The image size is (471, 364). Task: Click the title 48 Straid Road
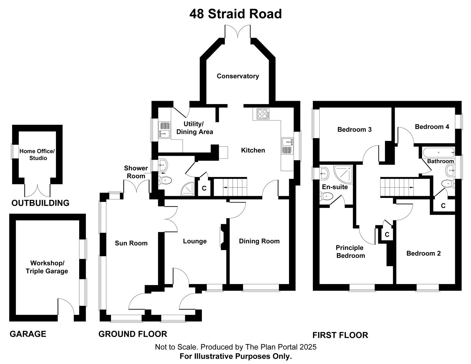[235, 14]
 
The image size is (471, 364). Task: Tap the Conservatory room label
[238, 76]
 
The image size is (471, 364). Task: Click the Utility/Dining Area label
[195, 128]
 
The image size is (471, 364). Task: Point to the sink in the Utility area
[164, 129]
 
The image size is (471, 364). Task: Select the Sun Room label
[131, 243]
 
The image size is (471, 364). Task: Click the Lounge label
[195, 241]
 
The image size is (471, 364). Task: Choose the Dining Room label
[259, 241]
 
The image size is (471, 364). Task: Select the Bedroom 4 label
[432, 127]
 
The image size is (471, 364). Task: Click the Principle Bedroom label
[350, 252]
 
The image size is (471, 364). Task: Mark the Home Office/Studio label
[37, 155]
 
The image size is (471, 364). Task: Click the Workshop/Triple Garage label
[47, 267]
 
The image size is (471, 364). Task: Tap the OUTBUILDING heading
[40, 203]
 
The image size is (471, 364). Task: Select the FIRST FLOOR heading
[340, 335]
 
